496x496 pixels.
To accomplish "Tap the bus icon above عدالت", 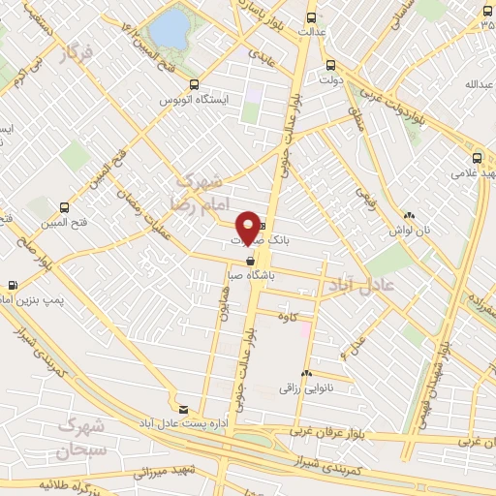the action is coord(311,17).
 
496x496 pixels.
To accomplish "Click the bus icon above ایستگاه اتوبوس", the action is coord(195,84).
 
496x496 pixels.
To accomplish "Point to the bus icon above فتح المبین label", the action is coord(64,206).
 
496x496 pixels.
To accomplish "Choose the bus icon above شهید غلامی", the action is coord(476,158).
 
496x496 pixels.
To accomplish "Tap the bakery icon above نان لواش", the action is coord(410,215).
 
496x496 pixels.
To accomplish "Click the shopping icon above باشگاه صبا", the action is coord(251,261).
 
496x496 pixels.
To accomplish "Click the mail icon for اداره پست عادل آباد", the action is coord(183,409).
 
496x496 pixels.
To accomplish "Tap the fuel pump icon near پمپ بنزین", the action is coord(12,286).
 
